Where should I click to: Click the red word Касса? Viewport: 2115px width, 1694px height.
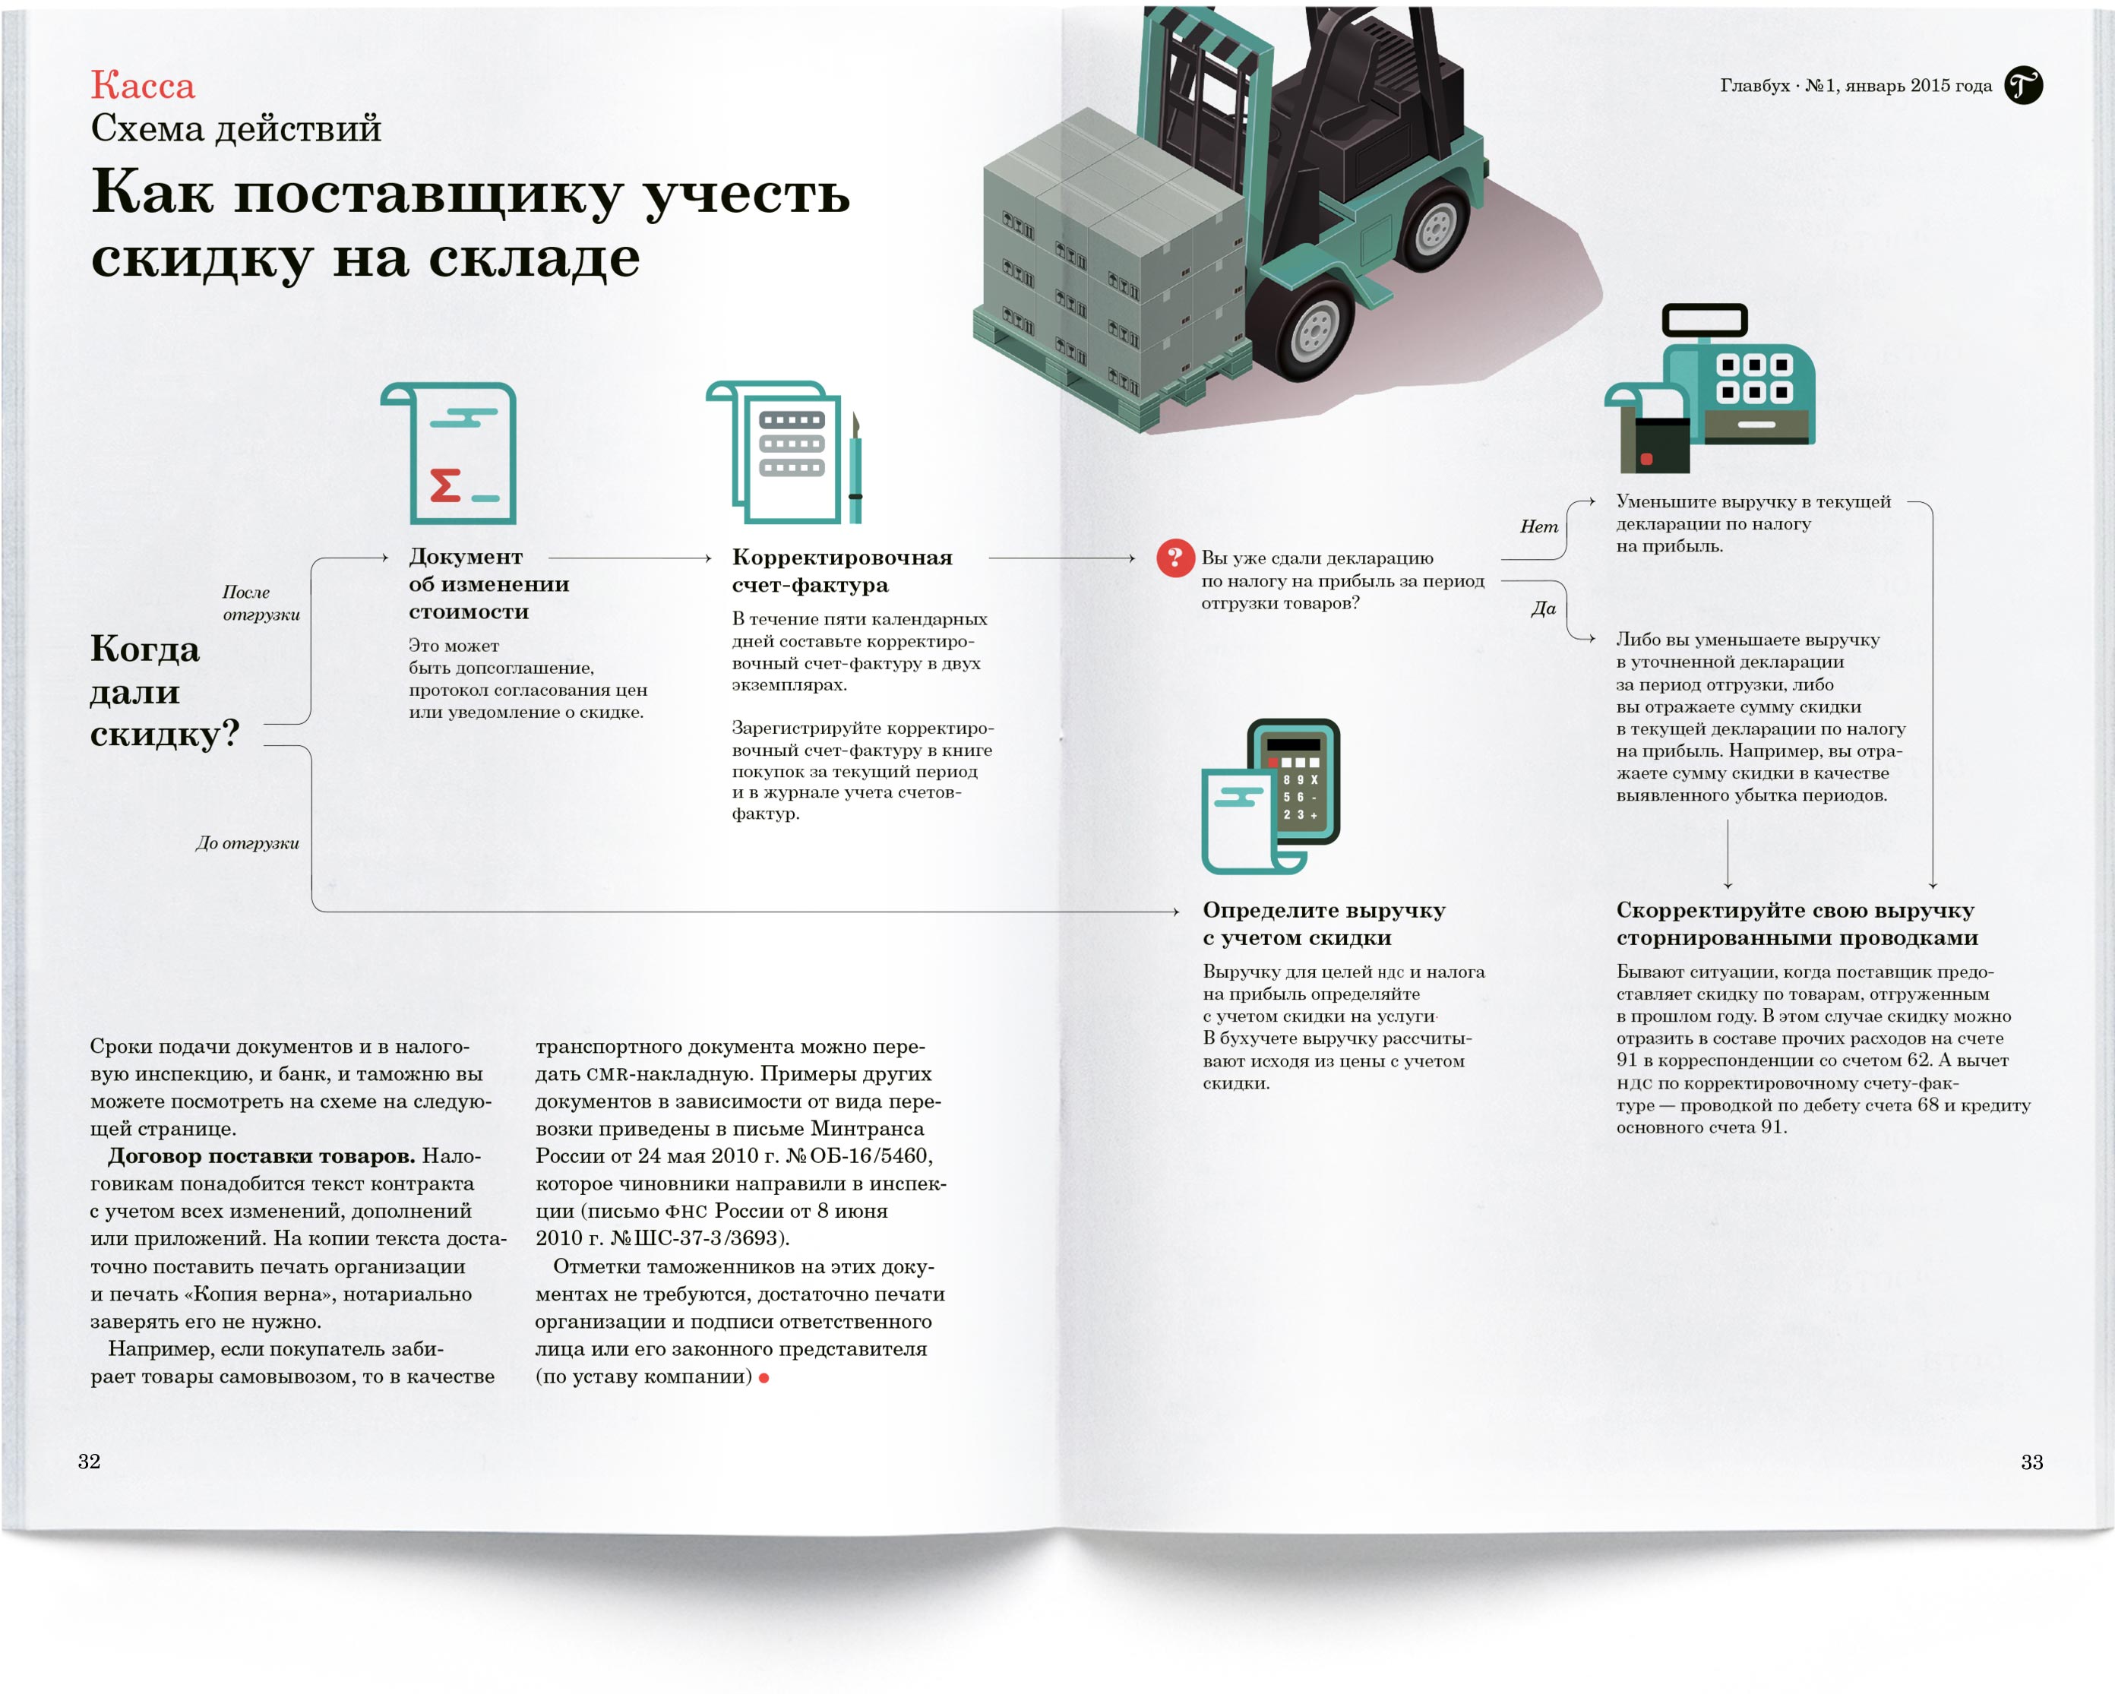click(144, 85)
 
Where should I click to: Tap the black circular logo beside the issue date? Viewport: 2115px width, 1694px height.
click(2024, 85)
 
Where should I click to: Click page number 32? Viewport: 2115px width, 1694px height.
click(90, 1462)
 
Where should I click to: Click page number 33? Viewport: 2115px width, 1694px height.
click(2031, 1462)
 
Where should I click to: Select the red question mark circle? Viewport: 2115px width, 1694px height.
click(1175, 558)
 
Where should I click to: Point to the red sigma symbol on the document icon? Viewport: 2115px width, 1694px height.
click(445, 485)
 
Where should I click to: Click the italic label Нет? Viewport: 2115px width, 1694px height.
click(1539, 526)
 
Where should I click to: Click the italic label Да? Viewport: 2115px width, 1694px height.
click(1544, 608)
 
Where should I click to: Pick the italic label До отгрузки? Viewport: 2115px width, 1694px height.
click(247, 843)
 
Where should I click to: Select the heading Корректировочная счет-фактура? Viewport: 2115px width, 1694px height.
click(843, 571)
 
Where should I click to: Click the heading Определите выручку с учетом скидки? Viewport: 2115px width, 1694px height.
click(1324, 924)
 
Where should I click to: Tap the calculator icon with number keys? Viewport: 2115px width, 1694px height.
click(1294, 781)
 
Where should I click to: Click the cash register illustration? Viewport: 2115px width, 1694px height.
click(1710, 388)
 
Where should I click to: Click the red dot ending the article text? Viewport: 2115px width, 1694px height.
click(764, 1378)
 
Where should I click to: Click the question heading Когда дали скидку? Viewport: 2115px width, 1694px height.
click(165, 691)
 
